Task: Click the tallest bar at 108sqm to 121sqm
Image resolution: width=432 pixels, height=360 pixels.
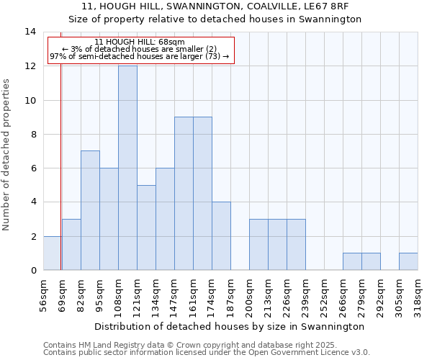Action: pos(127,168)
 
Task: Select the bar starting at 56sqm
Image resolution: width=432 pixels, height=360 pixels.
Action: pos(52,253)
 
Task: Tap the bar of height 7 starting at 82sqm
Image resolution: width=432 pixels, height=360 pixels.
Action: pos(90,210)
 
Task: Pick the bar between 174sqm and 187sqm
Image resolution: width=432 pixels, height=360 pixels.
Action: pos(221,235)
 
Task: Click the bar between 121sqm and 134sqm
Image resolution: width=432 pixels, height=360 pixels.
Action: pos(146,228)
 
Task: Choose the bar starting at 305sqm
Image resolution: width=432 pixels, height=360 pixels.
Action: pos(408,261)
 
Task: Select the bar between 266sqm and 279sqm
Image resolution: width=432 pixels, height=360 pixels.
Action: pos(352,261)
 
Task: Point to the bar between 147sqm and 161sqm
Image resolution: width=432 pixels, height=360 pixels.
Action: pos(184,194)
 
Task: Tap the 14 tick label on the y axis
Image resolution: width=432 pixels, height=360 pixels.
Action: pos(30,32)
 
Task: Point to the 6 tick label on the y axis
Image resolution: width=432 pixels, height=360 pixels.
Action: pos(33,168)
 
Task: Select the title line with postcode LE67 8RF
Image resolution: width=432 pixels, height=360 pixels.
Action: pos(216,7)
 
